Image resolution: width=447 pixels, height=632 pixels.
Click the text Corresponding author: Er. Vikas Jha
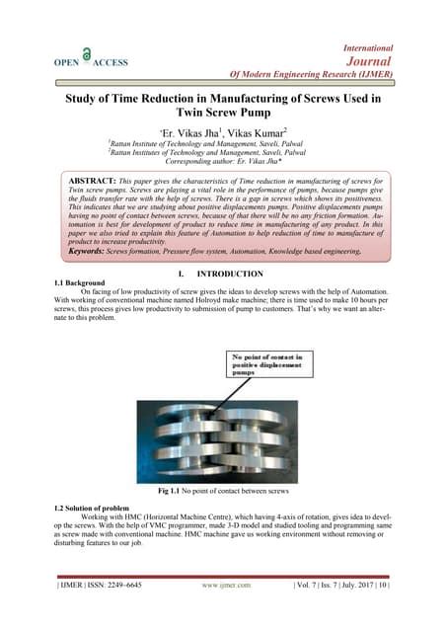pos(222,163)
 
